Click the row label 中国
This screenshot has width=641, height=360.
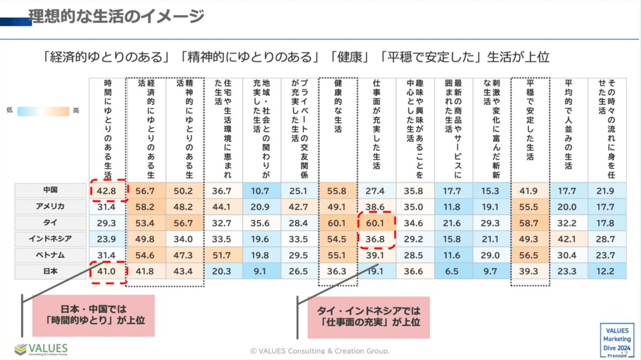(50, 190)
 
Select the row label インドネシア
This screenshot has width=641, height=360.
(50, 239)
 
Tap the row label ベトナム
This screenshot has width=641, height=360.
(50, 255)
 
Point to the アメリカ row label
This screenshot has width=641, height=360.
(50, 206)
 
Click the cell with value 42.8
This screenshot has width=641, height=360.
(108, 191)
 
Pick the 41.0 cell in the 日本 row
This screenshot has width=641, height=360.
(108, 271)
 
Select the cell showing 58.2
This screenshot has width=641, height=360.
(146, 207)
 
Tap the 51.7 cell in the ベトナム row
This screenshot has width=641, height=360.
(223, 255)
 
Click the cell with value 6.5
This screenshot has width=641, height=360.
(451, 271)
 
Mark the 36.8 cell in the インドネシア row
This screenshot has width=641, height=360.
(376, 239)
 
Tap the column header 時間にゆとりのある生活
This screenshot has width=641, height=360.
(108, 128)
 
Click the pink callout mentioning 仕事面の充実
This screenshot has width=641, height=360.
(369, 317)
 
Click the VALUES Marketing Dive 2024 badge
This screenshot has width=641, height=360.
(617, 339)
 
